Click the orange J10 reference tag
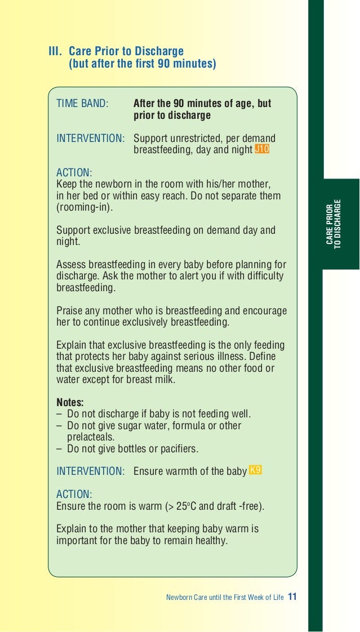(262, 149)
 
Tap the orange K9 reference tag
(255, 470)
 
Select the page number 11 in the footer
(292, 597)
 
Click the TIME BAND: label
(82, 104)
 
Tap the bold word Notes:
(70, 403)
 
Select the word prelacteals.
(91, 437)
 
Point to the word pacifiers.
(178, 449)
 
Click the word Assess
(71, 265)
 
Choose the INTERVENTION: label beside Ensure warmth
(91, 471)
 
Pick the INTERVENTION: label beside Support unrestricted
(91, 139)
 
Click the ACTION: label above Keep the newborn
(74, 172)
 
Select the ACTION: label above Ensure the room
(74, 494)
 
